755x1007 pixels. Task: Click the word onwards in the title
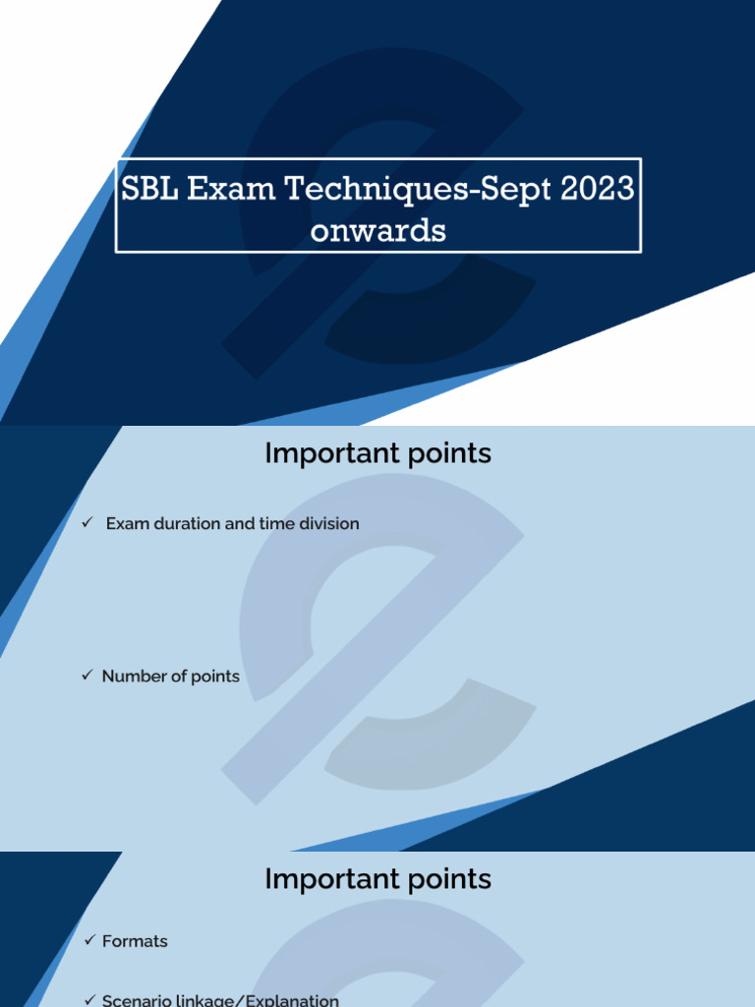(x=378, y=230)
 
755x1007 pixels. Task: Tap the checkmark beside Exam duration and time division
(x=87, y=523)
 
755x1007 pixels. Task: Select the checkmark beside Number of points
(x=87, y=676)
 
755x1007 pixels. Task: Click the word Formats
(x=135, y=941)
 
